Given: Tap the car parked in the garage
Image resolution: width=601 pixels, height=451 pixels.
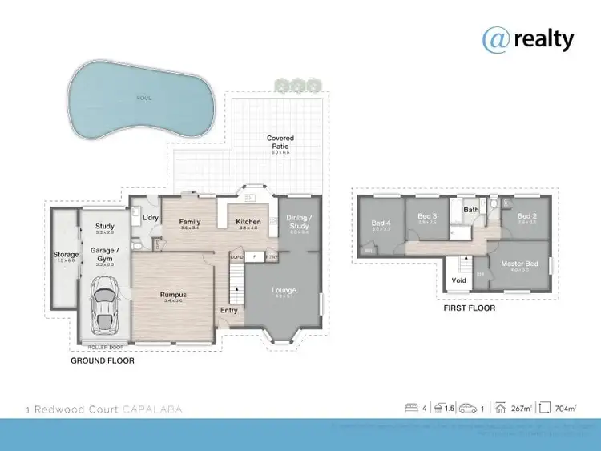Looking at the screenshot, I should coord(105,304).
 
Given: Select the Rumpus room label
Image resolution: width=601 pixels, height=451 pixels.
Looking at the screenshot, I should coord(173,294).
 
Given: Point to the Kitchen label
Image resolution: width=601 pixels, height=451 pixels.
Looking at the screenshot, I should coord(248,222).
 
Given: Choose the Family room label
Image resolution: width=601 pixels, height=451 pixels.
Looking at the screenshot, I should coord(190,222).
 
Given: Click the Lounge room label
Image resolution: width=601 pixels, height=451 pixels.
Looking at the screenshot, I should coord(284,290).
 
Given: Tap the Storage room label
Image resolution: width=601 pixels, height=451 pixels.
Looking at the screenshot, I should coord(66,255).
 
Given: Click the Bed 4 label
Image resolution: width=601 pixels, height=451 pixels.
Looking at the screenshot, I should coord(381,223).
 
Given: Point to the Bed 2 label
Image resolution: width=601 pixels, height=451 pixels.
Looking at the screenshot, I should coord(526,216).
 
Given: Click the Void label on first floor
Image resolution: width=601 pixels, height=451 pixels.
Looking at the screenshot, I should coord(459,280).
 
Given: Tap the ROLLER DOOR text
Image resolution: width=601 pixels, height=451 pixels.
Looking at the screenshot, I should coord(104,347).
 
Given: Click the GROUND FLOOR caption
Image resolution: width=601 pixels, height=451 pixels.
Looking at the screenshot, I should coord(102,361).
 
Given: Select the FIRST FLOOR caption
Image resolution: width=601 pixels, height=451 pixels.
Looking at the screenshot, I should coord(469,308).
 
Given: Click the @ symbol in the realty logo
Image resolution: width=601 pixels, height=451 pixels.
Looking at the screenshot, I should coord(494,38).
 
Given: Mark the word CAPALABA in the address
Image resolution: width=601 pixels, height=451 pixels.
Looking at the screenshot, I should coord(153,409).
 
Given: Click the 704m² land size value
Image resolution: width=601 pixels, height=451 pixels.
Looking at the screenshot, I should coord(566,409).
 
